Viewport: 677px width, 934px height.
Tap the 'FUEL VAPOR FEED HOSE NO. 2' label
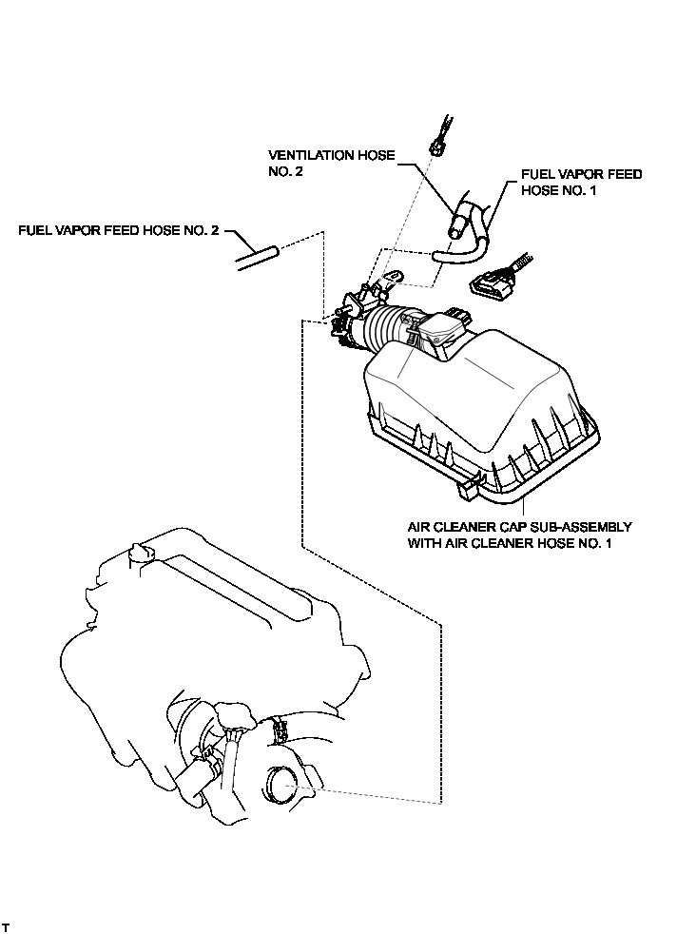(119, 230)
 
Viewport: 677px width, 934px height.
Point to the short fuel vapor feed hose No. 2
(255, 257)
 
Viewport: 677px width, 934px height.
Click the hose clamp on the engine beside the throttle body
(280, 729)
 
